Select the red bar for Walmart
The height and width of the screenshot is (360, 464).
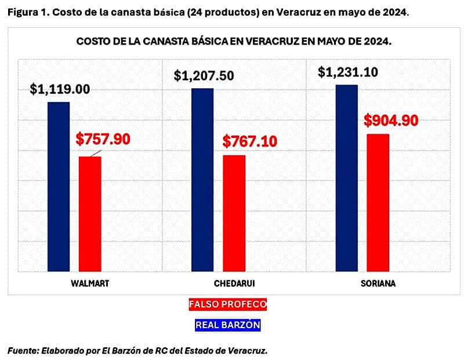pyautogui.click(x=90, y=214)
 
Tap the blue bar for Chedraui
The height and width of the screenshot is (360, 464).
pyautogui.click(x=202, y=180)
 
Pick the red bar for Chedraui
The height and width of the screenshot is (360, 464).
pyautogui.click(x=234, y=213)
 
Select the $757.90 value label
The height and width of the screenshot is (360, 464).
pyautogui.click(x=103, y=139)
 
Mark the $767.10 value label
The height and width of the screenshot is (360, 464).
pyautogui.click(x=249, y=140)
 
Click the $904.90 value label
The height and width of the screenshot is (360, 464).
pyautogui.click(x=391, y=121)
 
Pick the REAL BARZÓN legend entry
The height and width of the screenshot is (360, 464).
pyautogui.click(x=228, y=325)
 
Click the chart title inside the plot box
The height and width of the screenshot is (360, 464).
pyautogui.click(x=233, y=42)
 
